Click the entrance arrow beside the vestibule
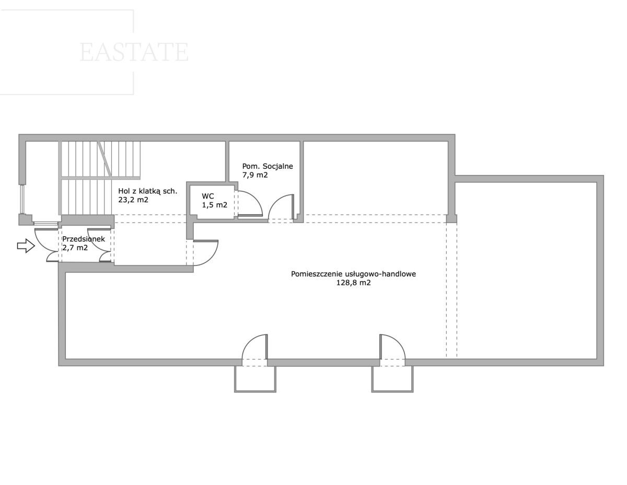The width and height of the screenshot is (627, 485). (x=26, y=246)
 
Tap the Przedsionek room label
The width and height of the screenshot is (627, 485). (x=84, y=239)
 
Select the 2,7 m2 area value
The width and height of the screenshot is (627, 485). (x=75, y=248)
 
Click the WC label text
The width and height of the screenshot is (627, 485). (x=208, y=196)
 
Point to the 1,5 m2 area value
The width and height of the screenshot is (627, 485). (x=214, y=205)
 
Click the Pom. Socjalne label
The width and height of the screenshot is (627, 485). (x=268, y=166)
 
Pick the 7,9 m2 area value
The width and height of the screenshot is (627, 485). (x=255, y=175)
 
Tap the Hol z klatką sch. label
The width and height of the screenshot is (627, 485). (x=148, y=191)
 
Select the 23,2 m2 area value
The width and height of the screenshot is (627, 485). (x=133, y=200)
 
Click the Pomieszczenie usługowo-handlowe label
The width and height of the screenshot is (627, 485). (x=353, y=274)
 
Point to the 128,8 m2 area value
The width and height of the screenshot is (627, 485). (x=353, y=282)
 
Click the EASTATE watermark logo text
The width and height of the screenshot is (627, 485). (x=134, y=52)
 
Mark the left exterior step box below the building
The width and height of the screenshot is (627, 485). (x=255, y=379)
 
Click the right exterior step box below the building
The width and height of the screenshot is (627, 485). (x=392, y=379)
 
